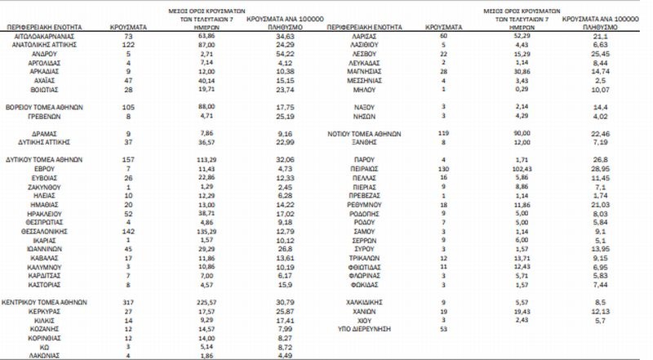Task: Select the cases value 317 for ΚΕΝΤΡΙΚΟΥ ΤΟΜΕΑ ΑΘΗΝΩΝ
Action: point(127,301)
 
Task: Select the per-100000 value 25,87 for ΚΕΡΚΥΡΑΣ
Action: point(285,311)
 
